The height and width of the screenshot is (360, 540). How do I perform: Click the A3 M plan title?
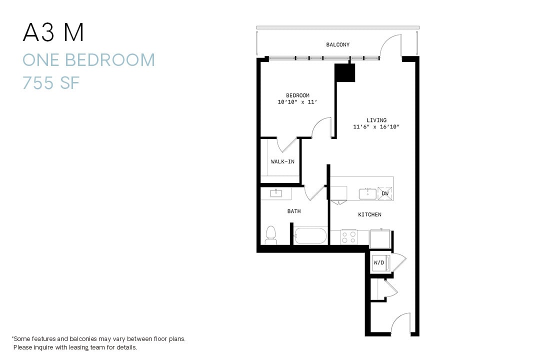coord(53,33)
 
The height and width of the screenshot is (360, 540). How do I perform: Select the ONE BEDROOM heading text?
coord(88,60)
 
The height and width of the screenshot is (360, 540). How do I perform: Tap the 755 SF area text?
coord(51,83)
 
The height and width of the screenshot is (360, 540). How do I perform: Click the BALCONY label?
coord(338,45)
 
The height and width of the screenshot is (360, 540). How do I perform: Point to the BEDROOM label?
coord(297,95)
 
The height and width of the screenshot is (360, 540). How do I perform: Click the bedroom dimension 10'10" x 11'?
coord(297,102)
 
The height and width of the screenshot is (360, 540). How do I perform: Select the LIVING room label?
coord(376,120)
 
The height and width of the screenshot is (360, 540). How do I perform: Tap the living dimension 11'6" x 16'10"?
coord(376,127)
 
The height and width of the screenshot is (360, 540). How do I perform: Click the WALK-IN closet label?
coord(282,161)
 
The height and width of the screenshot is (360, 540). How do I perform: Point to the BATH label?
coord(294,211)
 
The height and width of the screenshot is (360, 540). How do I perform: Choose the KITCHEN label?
coord(369,214)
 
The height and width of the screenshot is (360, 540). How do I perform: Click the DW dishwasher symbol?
coord(385,193)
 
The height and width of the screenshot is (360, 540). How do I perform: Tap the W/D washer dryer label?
coord(378,262)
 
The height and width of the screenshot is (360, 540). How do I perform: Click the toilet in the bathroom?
coord(270,235)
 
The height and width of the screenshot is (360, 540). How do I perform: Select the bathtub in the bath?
coord(310,235)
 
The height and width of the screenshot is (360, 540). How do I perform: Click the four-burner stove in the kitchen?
coord(348,237)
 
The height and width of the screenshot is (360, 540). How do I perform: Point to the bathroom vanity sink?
coord(276,193)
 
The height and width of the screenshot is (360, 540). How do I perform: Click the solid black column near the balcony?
coord(344,73)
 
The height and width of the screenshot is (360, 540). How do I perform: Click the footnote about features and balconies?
coord(98,342)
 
